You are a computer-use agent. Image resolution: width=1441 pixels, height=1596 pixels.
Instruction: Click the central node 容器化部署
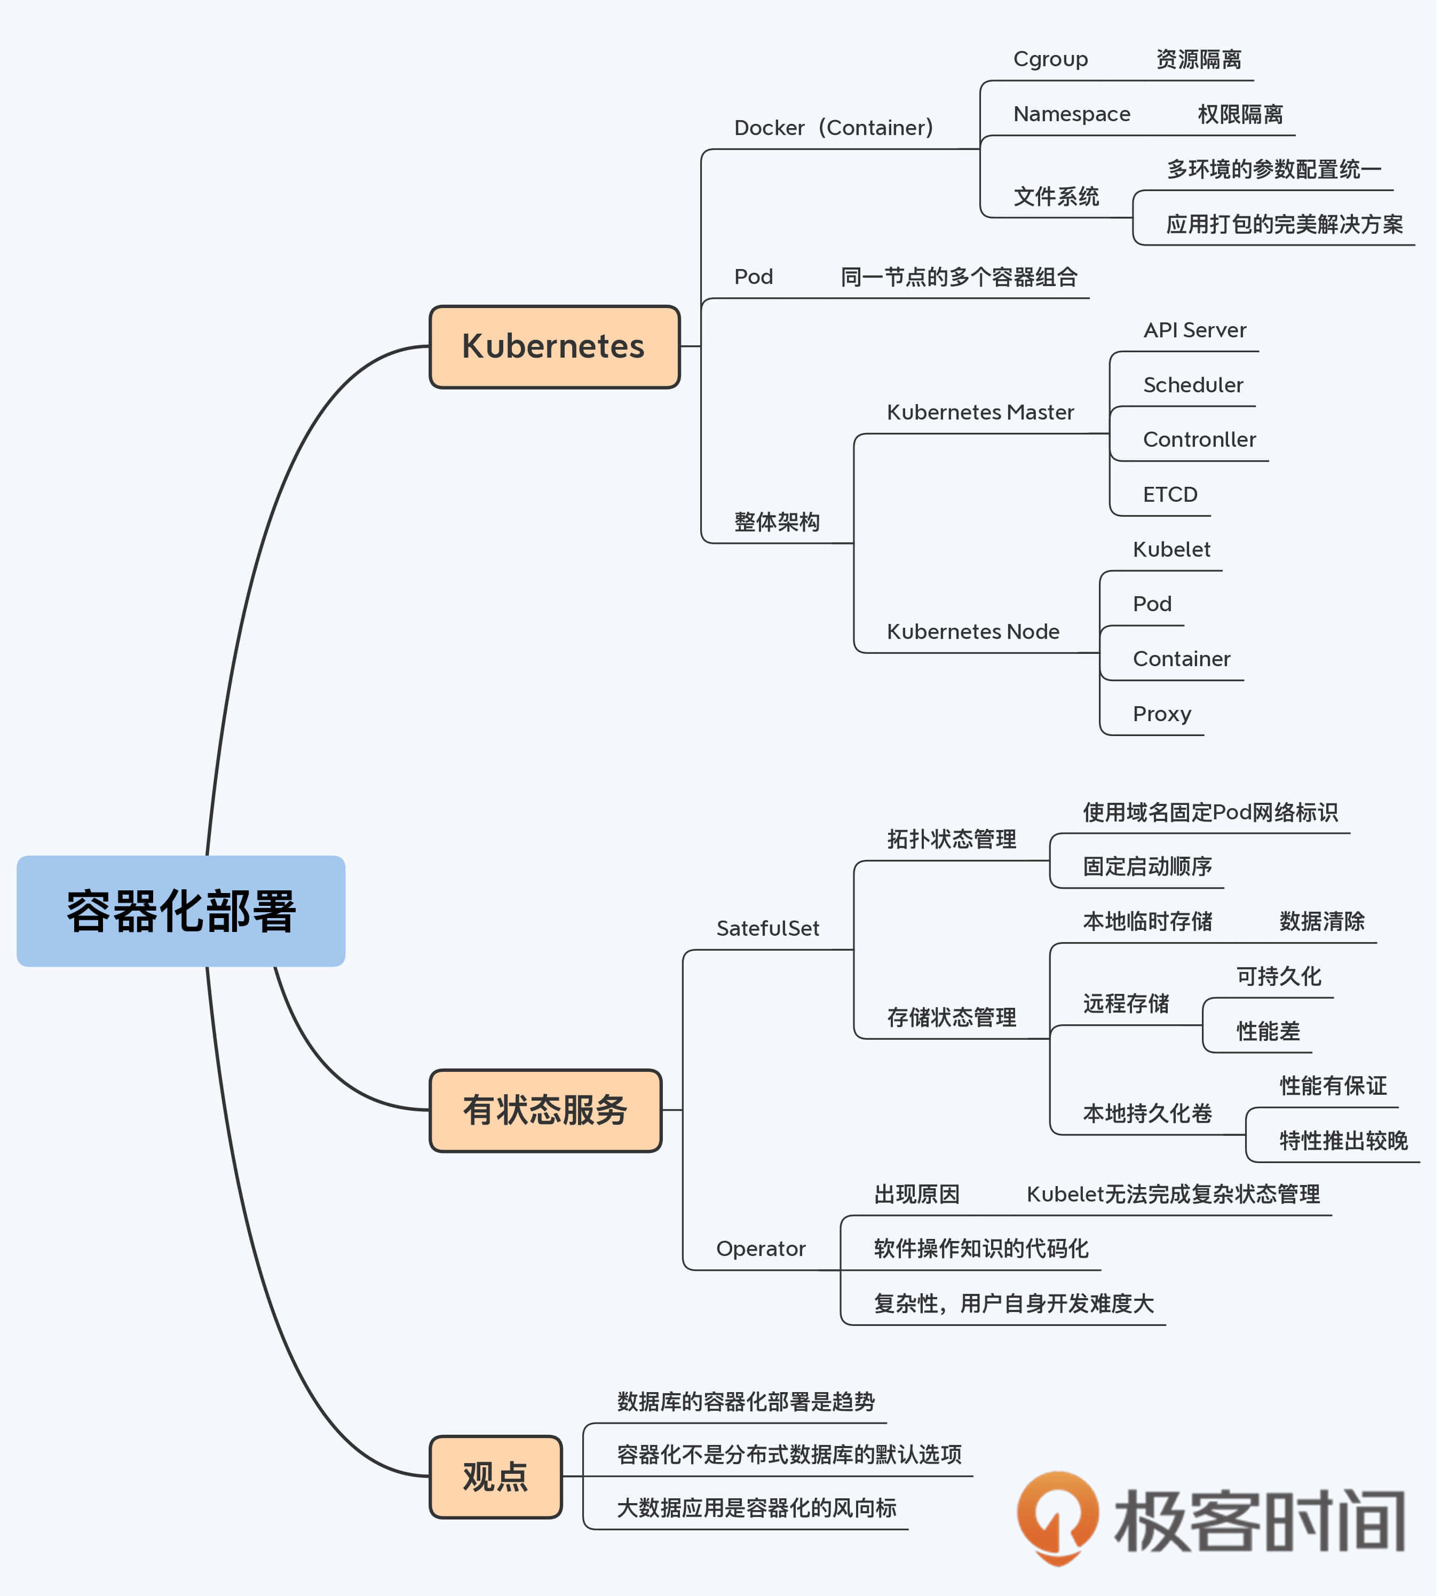point(180,911)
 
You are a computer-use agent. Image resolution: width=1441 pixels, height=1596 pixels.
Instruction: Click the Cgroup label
point(1051,59)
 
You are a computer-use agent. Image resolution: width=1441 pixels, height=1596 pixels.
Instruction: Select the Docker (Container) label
point(834,128)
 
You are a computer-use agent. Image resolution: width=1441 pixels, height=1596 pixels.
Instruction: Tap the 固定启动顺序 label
point(1147,867)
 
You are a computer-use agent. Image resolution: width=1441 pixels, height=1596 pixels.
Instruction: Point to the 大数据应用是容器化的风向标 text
point(757,1508)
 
